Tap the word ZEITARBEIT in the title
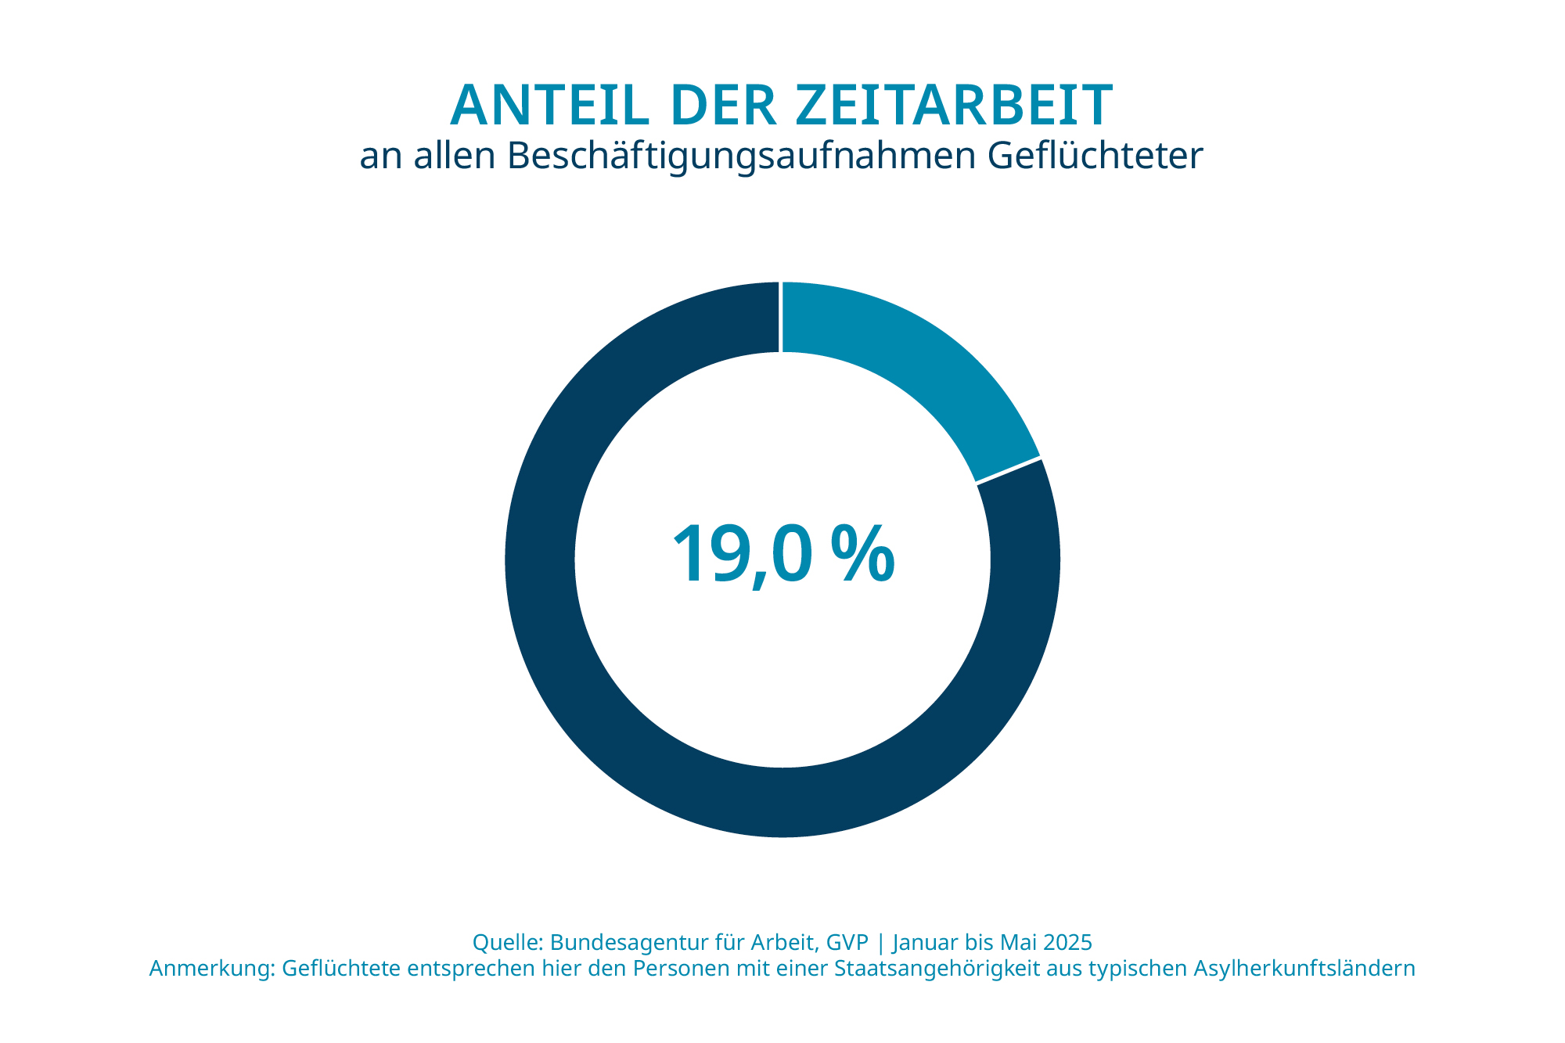tap(955, 106)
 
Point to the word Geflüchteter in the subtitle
tap(1095, 156)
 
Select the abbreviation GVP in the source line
tap(847, 941)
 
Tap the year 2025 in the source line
tap(1067, 941)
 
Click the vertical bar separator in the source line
tap(881, 941)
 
